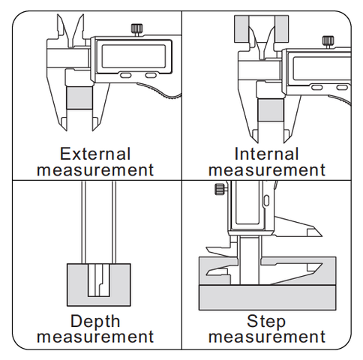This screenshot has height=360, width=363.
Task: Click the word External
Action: [95, 154]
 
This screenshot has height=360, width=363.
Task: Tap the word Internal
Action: [266, 154]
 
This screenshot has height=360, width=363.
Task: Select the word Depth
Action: [95, 322]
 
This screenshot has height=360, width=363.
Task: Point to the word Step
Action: [266, 322]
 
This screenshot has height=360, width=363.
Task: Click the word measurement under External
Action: [95, 170]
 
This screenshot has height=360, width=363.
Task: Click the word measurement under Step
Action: [267, 336]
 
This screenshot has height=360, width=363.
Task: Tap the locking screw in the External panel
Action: [136, 30]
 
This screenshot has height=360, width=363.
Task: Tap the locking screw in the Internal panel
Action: [328, 42]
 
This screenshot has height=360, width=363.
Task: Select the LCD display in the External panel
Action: [133, 56]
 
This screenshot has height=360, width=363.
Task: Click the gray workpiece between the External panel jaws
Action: [79, 97]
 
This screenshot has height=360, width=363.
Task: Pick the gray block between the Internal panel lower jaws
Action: [271, 110]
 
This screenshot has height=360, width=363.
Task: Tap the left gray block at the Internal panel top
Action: [241, 28]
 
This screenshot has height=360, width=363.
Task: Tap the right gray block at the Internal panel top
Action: [282, 28]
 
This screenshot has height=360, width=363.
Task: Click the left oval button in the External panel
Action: [125, 75]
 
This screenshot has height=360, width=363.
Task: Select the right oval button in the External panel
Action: [151, 75]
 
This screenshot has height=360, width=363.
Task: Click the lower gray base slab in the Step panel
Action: [267, 298]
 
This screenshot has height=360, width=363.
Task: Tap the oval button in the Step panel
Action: [266, 200]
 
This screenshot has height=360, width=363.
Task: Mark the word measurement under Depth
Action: [95, 336]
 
